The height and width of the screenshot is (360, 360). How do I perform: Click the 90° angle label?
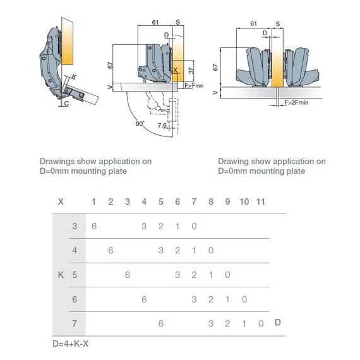[x=139, y=123]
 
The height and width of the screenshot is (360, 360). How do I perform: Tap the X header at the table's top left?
[x=61, y=201]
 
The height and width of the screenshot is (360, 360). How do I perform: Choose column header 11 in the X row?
[x=260, y=201]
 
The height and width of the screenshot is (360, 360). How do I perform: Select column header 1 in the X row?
[x=94, y=201]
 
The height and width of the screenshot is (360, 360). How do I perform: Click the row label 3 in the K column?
[x=75, y=226]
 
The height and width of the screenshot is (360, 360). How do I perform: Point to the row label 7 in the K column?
[x=75, y=323]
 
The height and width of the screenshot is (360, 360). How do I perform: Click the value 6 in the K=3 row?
[x=94, y=226]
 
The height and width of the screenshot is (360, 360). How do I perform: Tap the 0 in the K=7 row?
[x=261, y=323]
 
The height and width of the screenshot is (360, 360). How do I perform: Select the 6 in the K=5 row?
[x=128, y=275]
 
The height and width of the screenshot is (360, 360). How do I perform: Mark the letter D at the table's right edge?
[x=278, y=323]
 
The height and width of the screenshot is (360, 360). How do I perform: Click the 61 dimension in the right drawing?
[x=253, y=23]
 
